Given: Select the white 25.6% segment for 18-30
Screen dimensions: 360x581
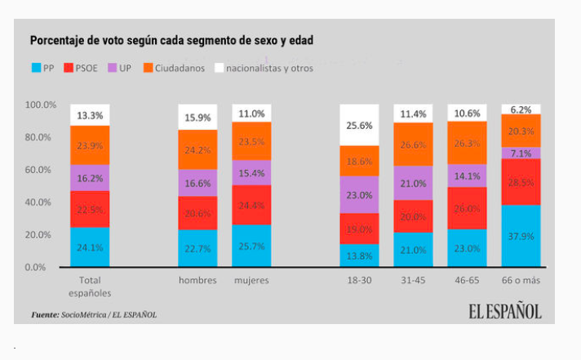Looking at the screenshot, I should pyautogui.click(x=359, y=125).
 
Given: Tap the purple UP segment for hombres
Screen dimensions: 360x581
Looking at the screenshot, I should pyautogui.click(x=198, y=183).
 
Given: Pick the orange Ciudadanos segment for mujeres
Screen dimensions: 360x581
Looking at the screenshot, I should pyautogui.click(x=251, y=140).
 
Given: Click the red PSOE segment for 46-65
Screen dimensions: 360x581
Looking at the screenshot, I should pyautogui.click(x=467, y=208).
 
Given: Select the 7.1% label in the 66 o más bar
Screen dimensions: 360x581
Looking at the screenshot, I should pyautogui.click(x=521, y=153).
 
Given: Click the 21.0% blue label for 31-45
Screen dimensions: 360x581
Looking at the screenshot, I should pyautogui.click(x=413, y=250).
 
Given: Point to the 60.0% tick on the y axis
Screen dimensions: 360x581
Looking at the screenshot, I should pyautogui.click(x=41, y=170).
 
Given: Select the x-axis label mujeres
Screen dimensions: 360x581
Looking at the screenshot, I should pyautogui.click(x=251, y=280).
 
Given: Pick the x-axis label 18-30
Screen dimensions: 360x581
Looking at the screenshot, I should pyautogui.click(x=359, y=280).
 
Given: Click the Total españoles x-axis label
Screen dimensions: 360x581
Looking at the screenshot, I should pyautogui.click(x=90, y=286).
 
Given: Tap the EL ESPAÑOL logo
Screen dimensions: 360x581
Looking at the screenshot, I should pyautogui.click(x=504, y=311).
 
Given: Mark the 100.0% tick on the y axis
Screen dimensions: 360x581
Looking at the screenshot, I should pyautogui.click(x=41, y=105).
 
